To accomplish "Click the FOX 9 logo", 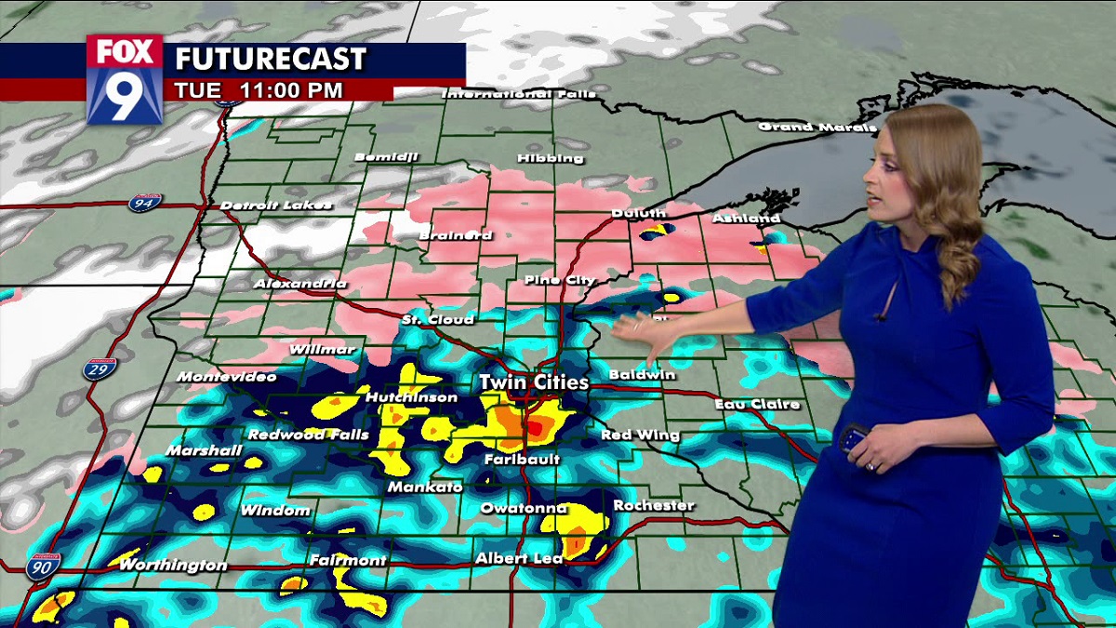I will click(x=125, y=79).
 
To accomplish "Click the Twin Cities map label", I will click(x=534, y=382).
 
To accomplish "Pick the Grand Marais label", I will click(x=817, y=127).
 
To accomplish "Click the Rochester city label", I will click(x=654, y=505).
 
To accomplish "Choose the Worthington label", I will click(x=173, y=565).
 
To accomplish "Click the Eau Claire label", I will click(x=757, y=405).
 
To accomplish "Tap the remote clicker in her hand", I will click(x=854, y=437).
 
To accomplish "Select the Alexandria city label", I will click(x=300, y=283).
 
